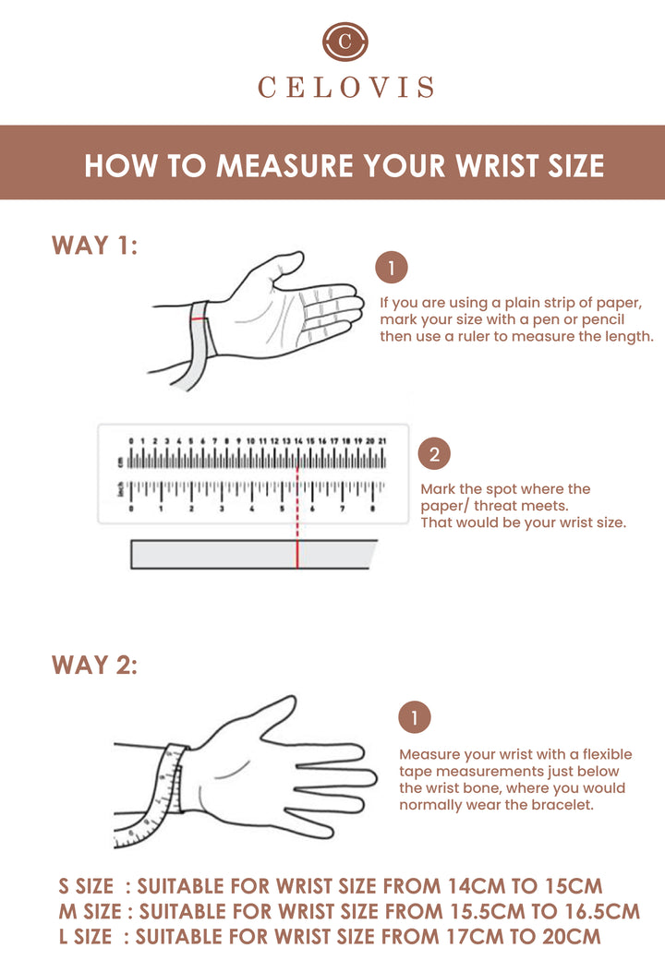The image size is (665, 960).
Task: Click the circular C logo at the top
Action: [x=345, y=42]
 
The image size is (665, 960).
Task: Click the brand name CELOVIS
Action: [x=346, y=88]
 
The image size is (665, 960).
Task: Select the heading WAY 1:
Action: [x=95, y=246]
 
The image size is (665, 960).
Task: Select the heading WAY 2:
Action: [x=95, y=665]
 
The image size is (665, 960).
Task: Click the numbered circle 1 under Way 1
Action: [x=392, y=268]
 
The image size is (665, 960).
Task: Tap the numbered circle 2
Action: [x=434, y=453]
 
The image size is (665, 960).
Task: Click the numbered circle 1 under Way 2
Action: [x=415, y=717]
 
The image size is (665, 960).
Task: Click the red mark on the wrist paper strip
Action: [x=199, y=319]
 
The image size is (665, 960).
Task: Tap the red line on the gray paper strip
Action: [x=297, y=555]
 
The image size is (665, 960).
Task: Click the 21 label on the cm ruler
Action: [x=382, y=441]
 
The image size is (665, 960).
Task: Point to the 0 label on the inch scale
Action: [x=131, y=509]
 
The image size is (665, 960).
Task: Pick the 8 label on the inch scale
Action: [x=372, y=509]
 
